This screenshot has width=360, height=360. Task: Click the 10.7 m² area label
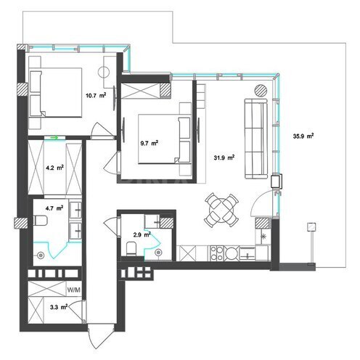pos(96,94)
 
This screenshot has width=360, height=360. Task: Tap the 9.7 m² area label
pos(150,143)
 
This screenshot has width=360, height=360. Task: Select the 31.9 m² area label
pos(224,157)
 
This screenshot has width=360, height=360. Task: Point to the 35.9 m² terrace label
pos(303,136)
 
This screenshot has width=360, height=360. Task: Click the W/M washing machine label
pos(73,290)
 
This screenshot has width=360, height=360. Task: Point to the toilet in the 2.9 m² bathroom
pos(131,248)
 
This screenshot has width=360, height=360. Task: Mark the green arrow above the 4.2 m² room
pos(53,135)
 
